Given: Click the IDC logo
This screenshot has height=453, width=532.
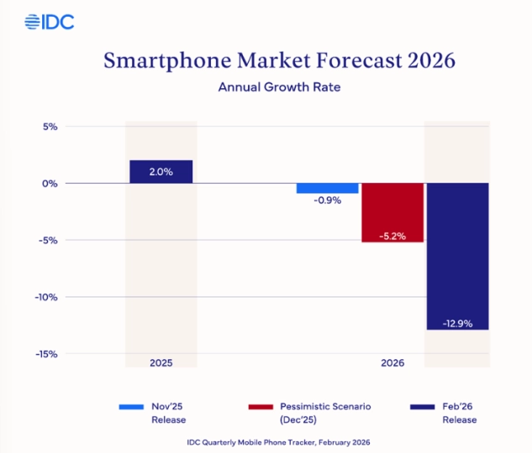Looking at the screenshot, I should (50, 22).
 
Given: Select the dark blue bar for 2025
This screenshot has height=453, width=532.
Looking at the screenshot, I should (161, 171).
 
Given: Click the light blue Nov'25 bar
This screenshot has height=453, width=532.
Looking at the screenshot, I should (328, 188).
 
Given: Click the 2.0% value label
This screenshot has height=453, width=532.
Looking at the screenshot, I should (161, 172).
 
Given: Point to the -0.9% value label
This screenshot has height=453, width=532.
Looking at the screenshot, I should (328, 201).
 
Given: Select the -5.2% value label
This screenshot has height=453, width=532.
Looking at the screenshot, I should (392, 236).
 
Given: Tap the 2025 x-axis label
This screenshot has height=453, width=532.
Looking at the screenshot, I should (161, 364).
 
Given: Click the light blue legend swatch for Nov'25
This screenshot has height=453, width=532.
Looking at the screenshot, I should (134, 407).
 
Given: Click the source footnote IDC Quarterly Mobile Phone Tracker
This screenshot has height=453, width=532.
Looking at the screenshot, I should (266, 441).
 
